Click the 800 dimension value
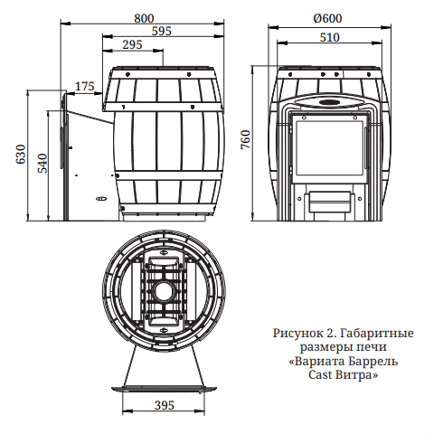pyautogui.click(x=144, y=18)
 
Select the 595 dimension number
pyautogui.click(x=162, y=31)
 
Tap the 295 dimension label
pyautogui.click(x=132, y=44)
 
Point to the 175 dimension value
pyautogui.click(x=85, y=87)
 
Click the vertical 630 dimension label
pyautogui.click(x=21, y=154)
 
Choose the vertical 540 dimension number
pyautogui.click(x=42, y=163)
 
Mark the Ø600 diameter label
pyautogui.click(x=327, y=18)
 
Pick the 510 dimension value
pyautogui.click(x=329, y=37)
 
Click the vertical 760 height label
pyautogui.click(x=246, y=139)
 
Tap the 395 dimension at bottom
pyautogui.click(x=165, y=405)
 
